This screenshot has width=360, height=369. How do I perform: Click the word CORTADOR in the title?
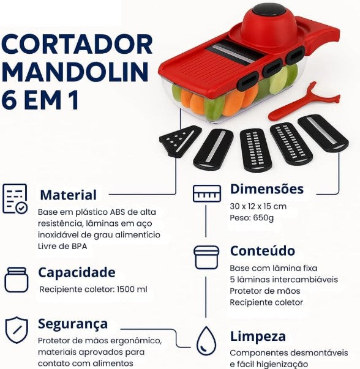(x=77, y=45)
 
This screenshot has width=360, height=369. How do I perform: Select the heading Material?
(x=68, y=195)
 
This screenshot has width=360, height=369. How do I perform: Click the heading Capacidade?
(x=77, y=272)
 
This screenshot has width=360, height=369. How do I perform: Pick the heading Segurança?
(x=73, y=324)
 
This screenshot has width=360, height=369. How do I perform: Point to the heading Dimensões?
(x=266, y=188)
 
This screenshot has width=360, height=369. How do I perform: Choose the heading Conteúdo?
(x=262, y=251)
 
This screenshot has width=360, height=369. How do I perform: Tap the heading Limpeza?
(x=258, y=337)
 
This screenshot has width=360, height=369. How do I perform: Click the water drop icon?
(x=206, y=339)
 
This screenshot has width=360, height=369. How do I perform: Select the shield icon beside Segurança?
(x=17, y=329)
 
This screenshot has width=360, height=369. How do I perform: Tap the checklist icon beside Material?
(x=15, y=198)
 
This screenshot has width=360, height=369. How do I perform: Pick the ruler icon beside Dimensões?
(x=206, y=193)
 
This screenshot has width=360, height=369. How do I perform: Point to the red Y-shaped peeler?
(x=302, y=104)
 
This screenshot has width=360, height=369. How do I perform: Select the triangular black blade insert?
(x=179, y=140)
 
